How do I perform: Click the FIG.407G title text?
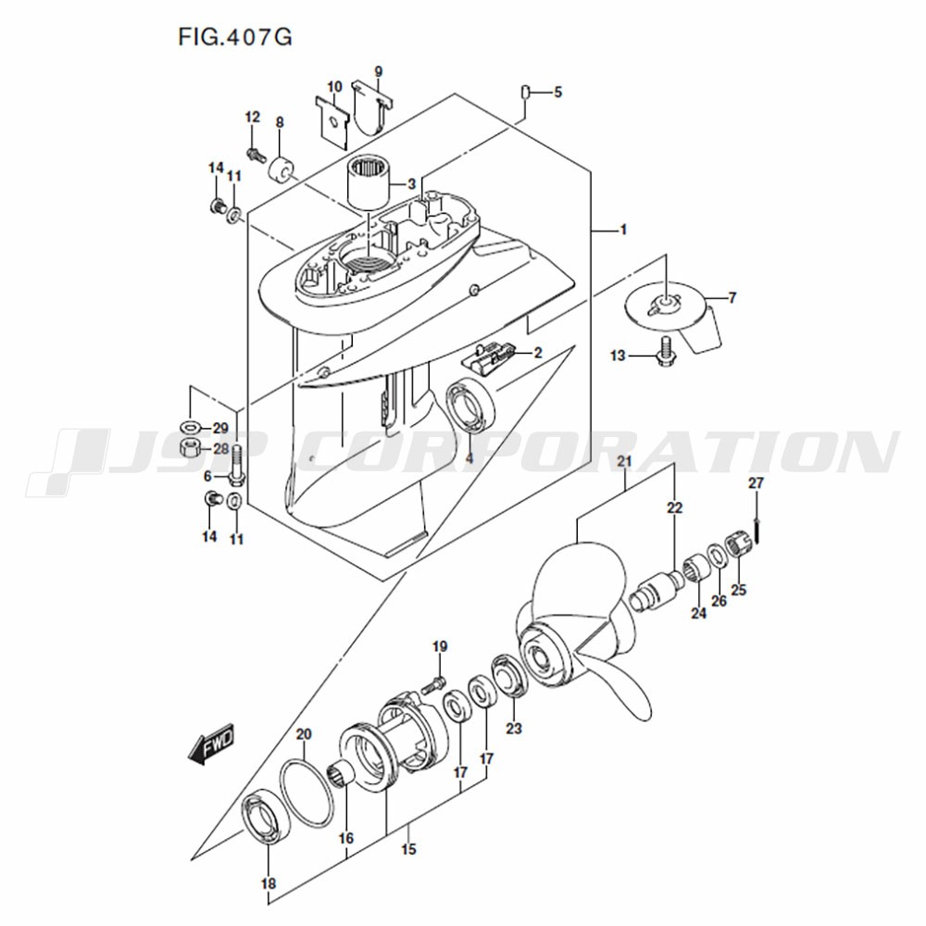pyautogui.click(x=235, y=37)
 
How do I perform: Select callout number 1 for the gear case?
pyautogui.click(x=623, y=230)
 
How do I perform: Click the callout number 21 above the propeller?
pyautogui.click(x=624, y=461)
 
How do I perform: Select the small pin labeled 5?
pyautogui.click(x=524, y=94)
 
